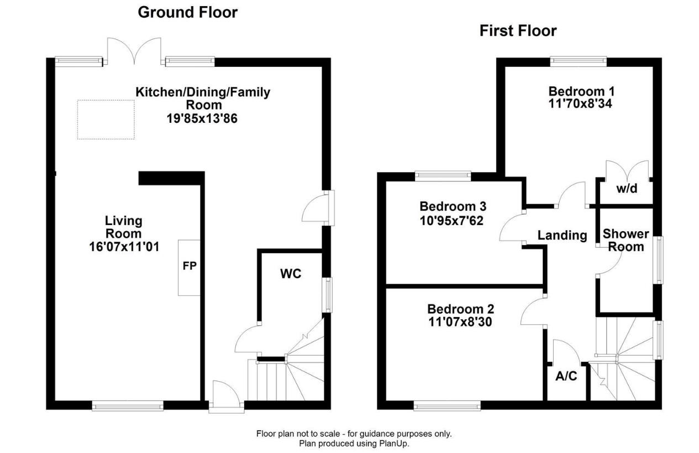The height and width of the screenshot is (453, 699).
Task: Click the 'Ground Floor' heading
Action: pos(187,12)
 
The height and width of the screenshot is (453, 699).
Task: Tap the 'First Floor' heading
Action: pos(518,31)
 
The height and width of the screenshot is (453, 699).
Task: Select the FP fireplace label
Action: pos(190,265)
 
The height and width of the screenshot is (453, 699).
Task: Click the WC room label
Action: pos(291,273)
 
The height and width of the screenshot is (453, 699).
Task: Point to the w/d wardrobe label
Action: pos(627,189)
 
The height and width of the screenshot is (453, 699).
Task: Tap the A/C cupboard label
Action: pos(566,376)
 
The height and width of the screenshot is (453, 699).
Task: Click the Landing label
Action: pos(563,235)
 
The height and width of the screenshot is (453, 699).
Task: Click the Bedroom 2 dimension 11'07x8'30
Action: pos(460,321)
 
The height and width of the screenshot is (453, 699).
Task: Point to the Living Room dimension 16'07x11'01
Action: pos(124,247)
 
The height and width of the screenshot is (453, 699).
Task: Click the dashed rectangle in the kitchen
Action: pos(106,119)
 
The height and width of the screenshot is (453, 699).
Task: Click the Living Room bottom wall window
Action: pos(128,407)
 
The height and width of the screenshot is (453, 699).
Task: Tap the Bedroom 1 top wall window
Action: pos(578,61)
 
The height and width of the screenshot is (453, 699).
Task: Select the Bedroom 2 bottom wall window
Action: pos(447,407)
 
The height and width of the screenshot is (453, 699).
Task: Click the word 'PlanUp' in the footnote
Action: pos(393,443)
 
